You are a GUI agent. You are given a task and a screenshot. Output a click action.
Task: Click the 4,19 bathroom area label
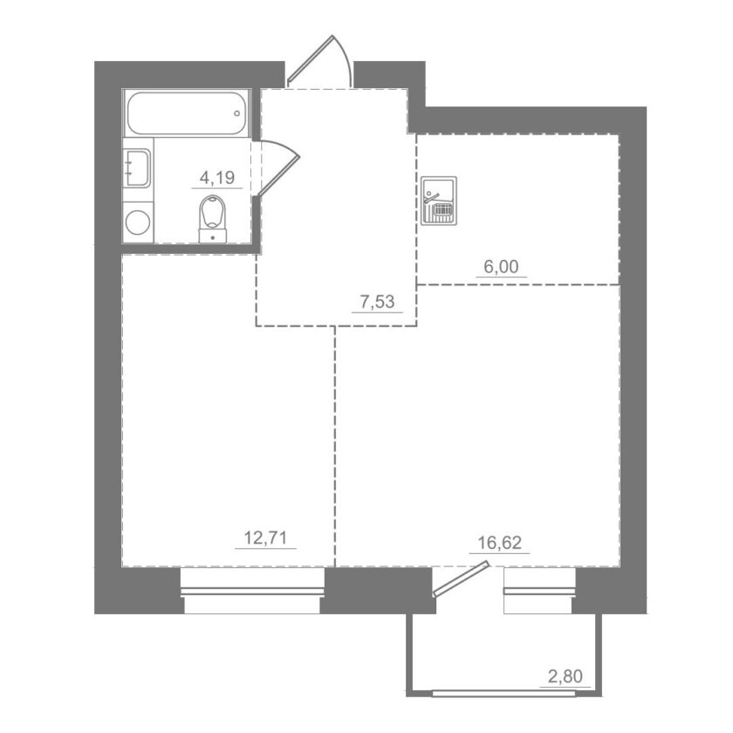tap(217, 178)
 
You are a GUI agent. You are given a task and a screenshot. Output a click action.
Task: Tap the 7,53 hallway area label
tap(377, 302)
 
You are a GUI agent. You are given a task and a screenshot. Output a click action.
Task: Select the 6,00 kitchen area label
tap(501, 266)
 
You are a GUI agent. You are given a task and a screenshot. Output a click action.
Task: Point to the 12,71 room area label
tap(265, 538)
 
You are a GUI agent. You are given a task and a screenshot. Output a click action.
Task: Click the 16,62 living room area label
tap(500, 543)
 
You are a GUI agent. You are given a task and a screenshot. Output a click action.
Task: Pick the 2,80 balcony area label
tap(565, 676)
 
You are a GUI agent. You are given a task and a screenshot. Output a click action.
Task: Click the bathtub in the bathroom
tap(187, 113)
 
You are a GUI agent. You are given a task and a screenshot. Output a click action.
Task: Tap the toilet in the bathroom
tap(213, 219)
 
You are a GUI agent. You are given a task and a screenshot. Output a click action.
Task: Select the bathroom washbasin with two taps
tap(138, 168)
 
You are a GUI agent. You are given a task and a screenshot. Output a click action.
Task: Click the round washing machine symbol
tap(138, 223)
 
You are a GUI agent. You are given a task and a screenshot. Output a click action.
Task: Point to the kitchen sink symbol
tap(438, 201)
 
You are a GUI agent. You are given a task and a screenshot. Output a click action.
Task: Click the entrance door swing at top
tap(319, 61)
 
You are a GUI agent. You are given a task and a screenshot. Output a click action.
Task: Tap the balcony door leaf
tap(462, 579)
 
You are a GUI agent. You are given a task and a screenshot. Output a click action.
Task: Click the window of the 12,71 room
tap(252, 591)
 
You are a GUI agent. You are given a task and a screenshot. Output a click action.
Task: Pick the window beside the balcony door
tap(539, 591)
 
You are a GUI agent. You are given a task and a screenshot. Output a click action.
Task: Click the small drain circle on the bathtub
tap(237, 113)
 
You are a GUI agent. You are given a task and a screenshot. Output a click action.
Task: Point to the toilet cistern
tap(213, 236)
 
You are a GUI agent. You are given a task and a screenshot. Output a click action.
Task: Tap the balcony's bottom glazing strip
tap(504, 693)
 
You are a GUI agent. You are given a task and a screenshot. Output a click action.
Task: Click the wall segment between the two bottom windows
tap(379, 590)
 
